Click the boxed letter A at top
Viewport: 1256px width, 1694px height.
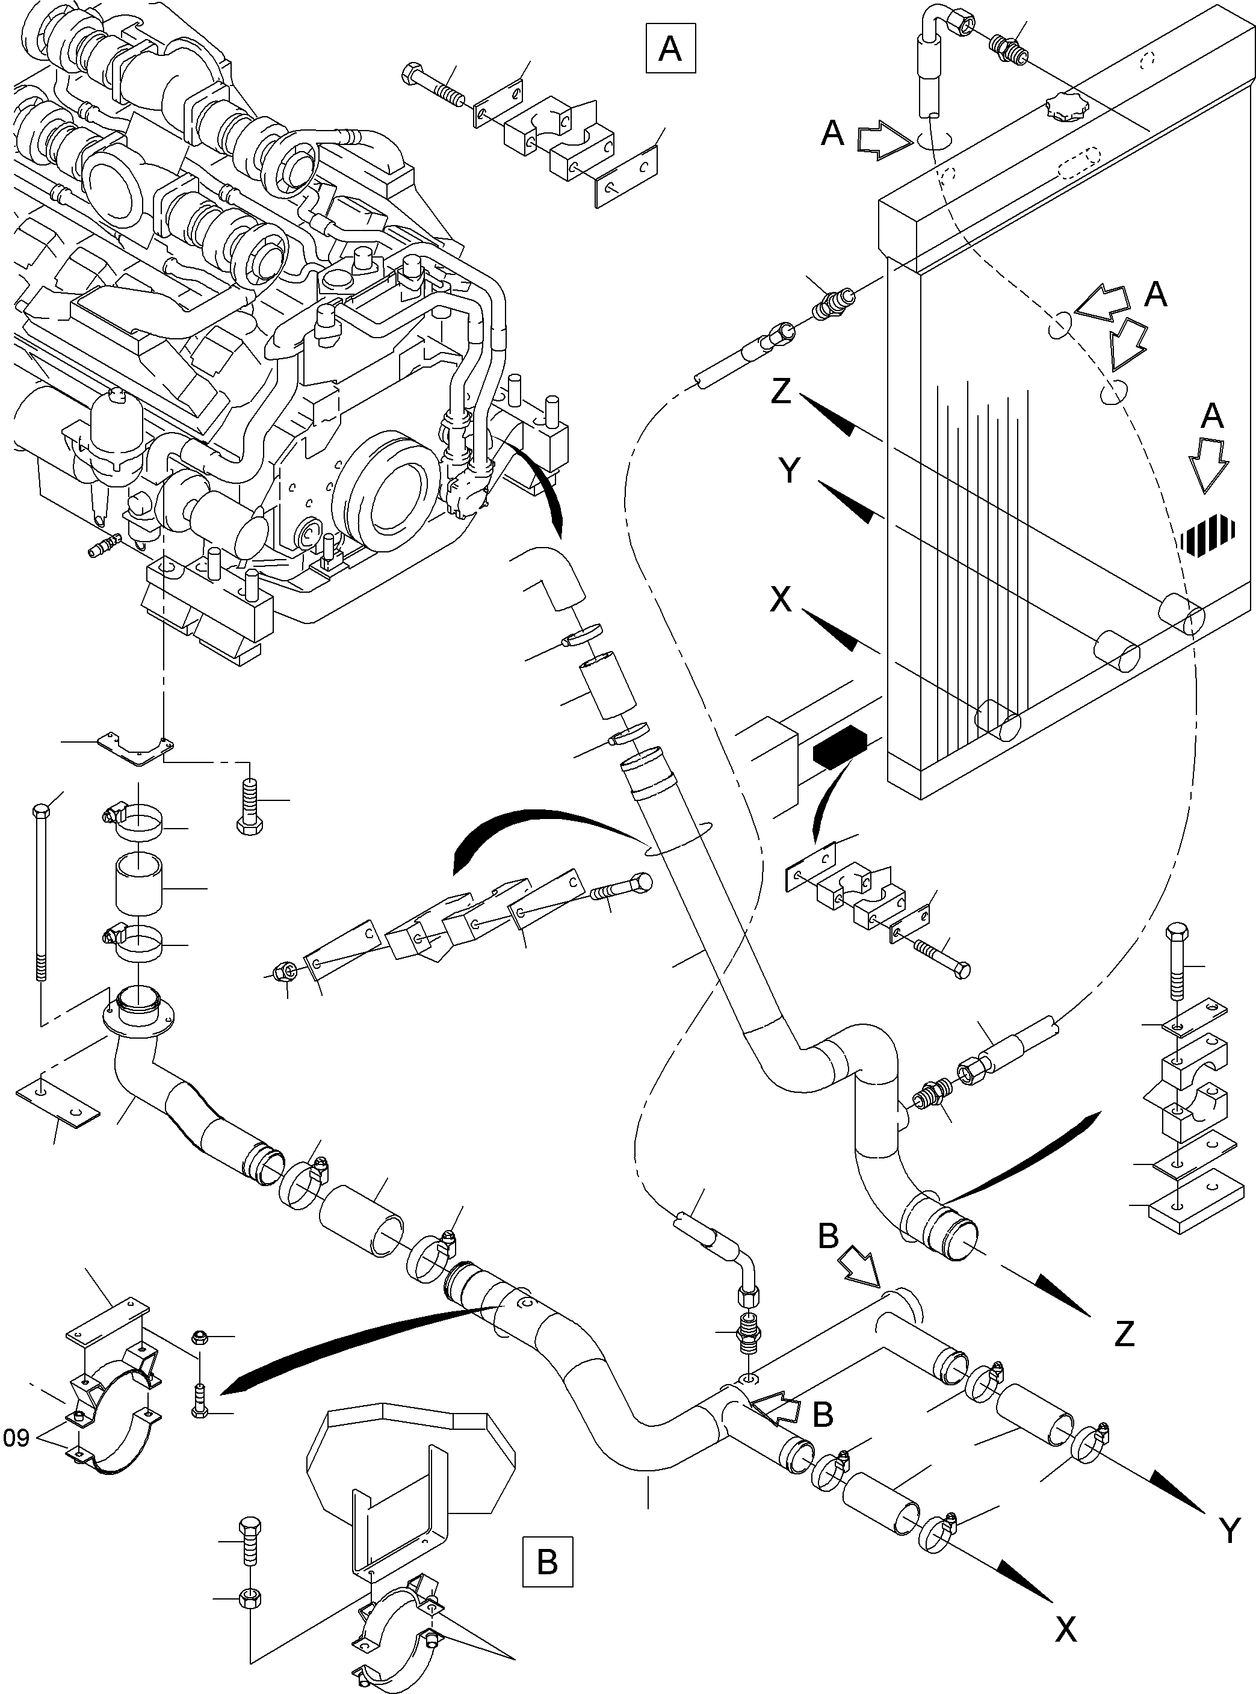pos(670,49)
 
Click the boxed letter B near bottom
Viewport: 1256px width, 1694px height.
pos(548,1562)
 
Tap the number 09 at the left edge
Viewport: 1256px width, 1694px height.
pos(16,1438)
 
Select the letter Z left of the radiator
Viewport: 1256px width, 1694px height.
pos(781,392)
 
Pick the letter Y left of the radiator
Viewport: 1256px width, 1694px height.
pos(790,471)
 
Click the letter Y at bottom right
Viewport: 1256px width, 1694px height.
pos(1229,1530)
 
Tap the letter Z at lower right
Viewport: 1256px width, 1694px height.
pos(1124,1334)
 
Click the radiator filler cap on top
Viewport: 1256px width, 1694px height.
pos(1066,105)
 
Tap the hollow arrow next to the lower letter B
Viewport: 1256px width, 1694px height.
pos(779,1411)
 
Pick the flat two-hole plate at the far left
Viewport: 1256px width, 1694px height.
pos(57,1102)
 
